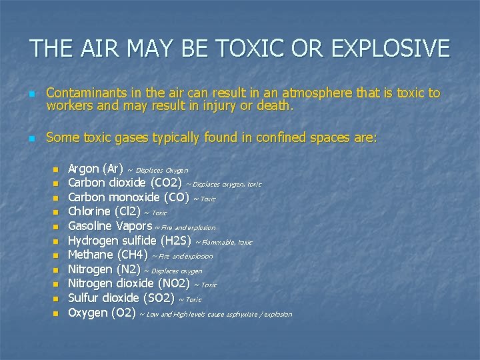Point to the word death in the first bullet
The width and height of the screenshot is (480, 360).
coord(275,105)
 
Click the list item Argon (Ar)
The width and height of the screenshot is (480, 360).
coord(95,169)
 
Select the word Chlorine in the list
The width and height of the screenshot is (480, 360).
coord(90,211)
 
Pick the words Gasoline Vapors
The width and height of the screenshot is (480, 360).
coord(110,226)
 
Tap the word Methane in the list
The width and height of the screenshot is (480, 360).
coord(91,255)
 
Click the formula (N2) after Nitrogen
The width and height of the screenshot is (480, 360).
coord(128,269)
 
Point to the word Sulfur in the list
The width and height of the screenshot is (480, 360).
coord(85,298)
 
